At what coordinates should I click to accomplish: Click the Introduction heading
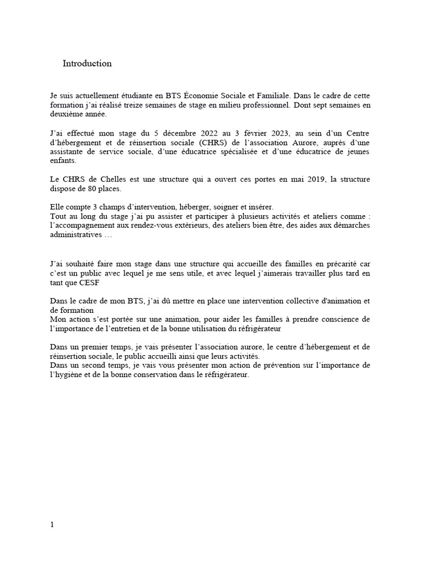tap(87, 64)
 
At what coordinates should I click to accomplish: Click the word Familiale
tap(281, 95)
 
